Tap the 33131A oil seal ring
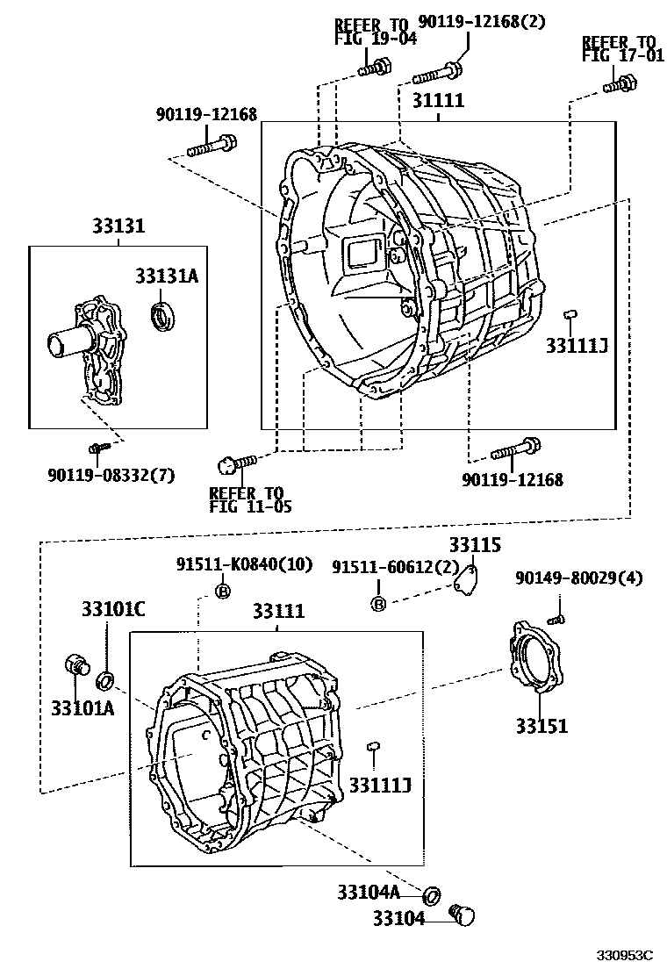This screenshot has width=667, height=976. [162, 315]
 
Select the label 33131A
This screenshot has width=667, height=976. [166, 276]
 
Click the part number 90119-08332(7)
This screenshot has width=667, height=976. [111, 475]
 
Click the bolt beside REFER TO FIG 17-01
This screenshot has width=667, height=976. [619, 84]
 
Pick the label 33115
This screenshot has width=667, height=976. [475, 545]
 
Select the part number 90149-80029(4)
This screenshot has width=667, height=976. [578, 578]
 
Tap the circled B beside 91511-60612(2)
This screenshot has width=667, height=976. [378, 603]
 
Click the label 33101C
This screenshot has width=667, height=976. [113, 608]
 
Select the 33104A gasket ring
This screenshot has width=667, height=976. [432, 895]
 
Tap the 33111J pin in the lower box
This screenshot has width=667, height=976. [373, 745]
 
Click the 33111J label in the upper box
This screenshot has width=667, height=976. [577, 345]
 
